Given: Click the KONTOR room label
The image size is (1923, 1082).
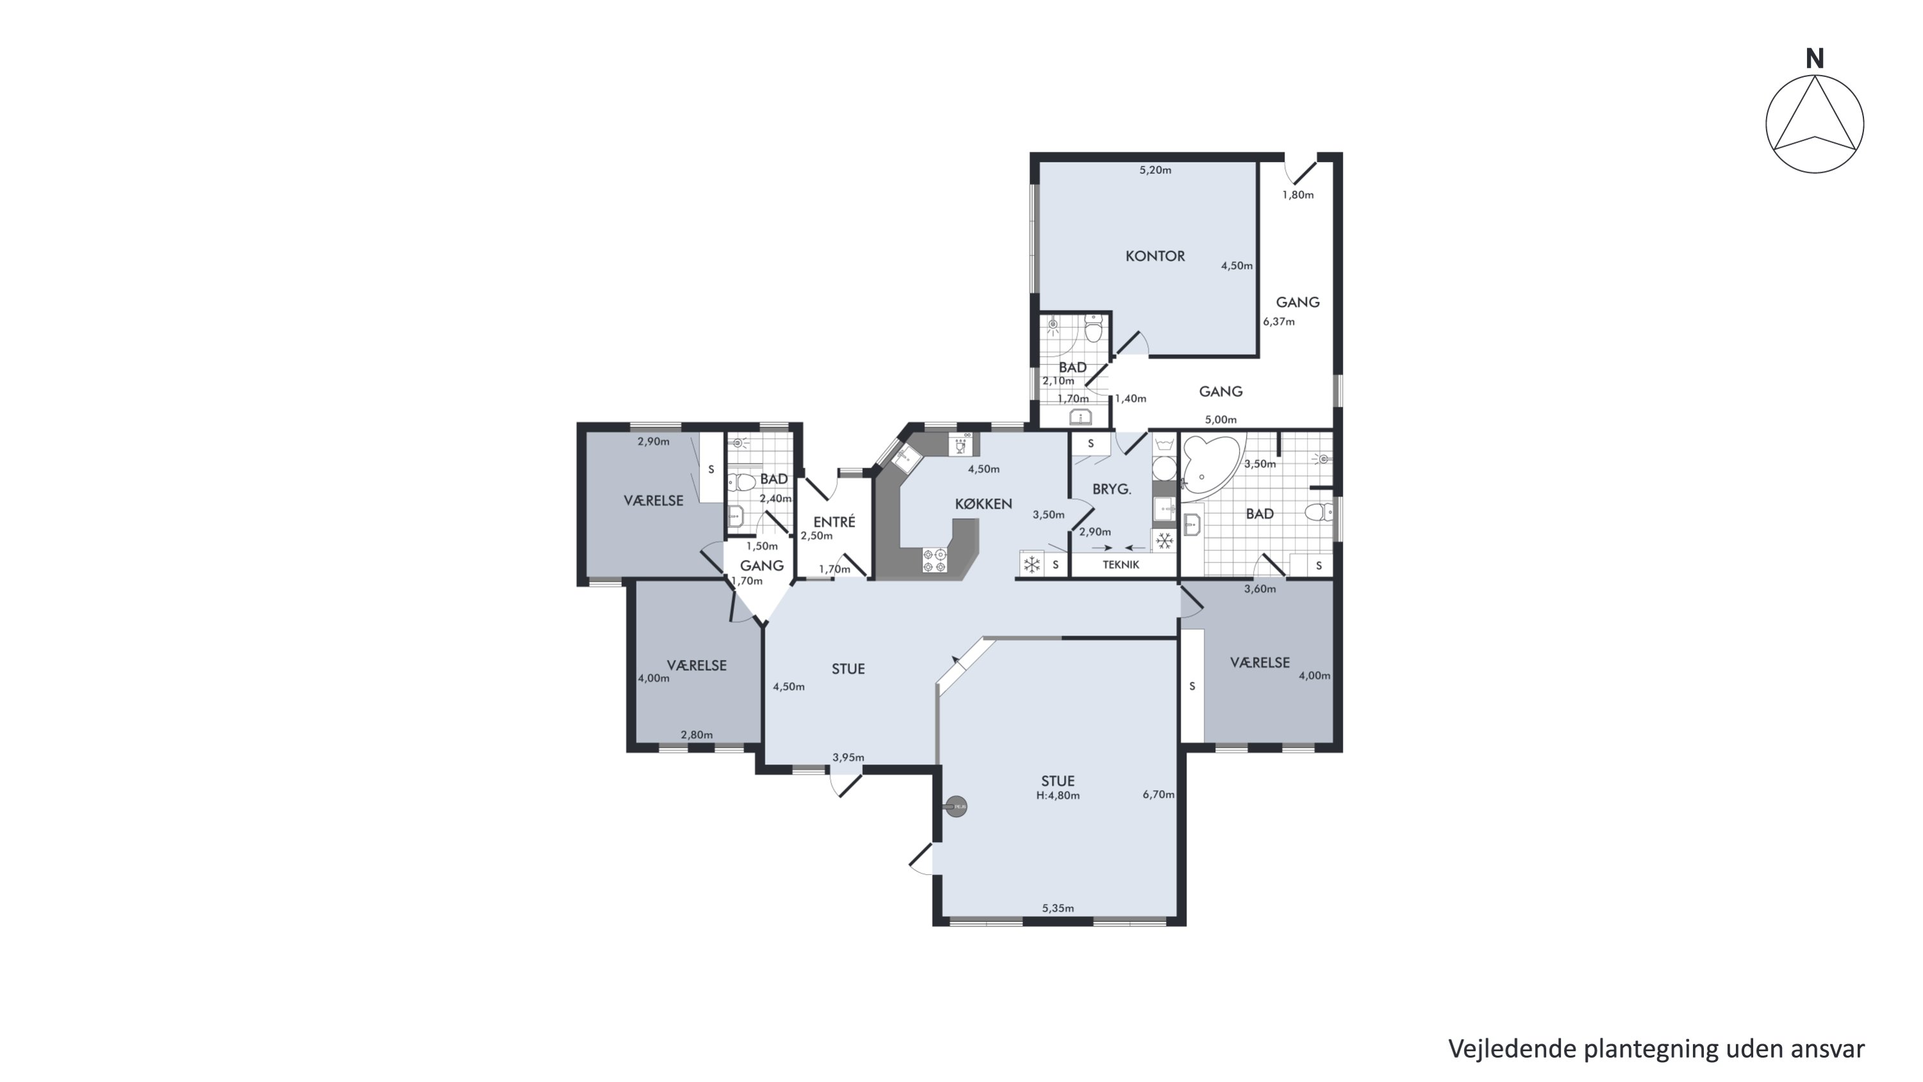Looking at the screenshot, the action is [x=1155, y=256].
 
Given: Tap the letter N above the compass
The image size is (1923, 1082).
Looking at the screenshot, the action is [x=1814, y=59].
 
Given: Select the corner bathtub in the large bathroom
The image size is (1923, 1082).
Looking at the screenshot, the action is [x=1210, y=464].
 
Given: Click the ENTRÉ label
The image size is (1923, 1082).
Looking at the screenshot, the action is [x=834, y=522].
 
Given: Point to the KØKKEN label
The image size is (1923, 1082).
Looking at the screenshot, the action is [x=983, y=504].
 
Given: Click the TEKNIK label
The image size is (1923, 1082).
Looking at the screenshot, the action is [x=1120, y=565].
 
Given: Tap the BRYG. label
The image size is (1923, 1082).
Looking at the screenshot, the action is [x=1111, y=490].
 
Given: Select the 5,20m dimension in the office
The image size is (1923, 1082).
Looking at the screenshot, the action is [x=1155, y=170].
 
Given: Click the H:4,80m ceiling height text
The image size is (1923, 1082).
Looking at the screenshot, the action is [x=1058, y=796].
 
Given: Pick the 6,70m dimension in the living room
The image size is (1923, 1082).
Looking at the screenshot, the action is [x=1158, y=795].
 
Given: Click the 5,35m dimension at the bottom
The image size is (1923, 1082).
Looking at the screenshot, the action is [x=1058, y=909].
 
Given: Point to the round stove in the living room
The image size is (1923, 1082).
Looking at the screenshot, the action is [x=956, y=806].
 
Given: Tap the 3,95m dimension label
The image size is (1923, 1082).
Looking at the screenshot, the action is [x=848, y=757].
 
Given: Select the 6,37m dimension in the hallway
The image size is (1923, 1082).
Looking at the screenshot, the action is [x=1279, y=322].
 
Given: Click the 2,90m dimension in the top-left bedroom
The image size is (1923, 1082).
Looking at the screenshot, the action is [x=653, y=441].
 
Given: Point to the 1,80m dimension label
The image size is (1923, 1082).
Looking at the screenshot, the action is [x=1298, y=195].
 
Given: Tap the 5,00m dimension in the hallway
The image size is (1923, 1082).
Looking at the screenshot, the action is [x=1220, y=419].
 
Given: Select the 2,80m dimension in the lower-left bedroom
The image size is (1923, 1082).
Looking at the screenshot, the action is [x=697, y=735].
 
